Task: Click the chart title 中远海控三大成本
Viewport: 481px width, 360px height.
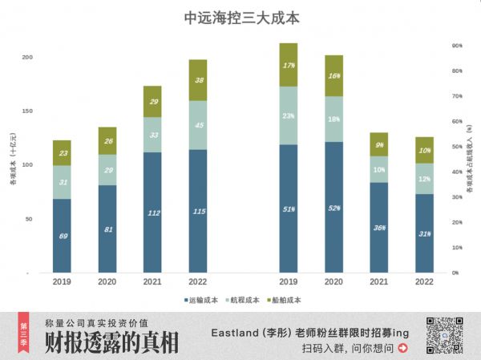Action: (x=241, y=17)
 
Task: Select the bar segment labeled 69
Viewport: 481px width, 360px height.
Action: (x=62, y=236)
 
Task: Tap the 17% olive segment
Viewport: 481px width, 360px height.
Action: (x=289, y=65)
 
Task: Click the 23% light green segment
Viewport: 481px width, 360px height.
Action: (x=289, y=115)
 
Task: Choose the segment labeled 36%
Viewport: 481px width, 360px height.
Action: (x=379, y=228)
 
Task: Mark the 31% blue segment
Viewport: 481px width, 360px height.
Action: (x=425, y=233)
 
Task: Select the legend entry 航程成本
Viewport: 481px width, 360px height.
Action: (x=240, y=300)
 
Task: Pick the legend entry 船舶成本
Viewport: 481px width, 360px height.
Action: (x=283, y=300)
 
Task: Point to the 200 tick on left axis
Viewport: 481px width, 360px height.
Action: (x=27, y=58)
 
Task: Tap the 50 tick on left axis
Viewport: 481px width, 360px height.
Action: (x=29, y=219)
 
